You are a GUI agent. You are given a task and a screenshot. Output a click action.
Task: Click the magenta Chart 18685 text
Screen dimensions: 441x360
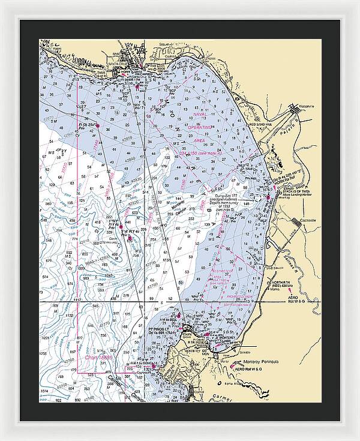[x=96, y=358]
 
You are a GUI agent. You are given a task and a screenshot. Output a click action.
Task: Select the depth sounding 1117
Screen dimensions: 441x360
[x=76, y=299]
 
